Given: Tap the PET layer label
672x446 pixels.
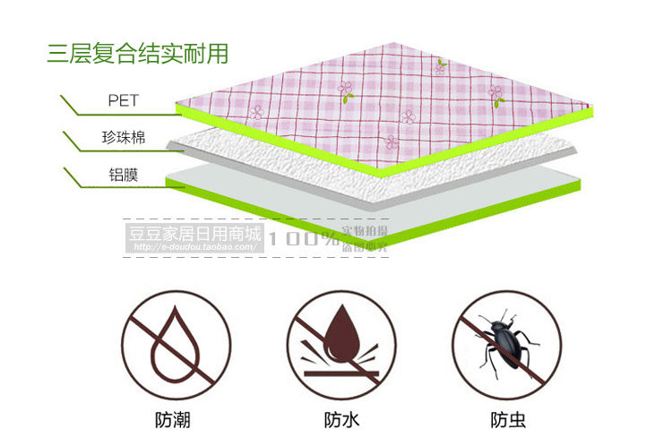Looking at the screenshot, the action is click(x=123, y=100).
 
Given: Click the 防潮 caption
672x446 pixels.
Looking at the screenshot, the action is click(x=172, y=419).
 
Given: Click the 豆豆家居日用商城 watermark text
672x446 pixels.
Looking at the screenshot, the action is click(x=193, y=236).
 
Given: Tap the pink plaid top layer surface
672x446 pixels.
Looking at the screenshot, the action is click(x=394, y=99).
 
